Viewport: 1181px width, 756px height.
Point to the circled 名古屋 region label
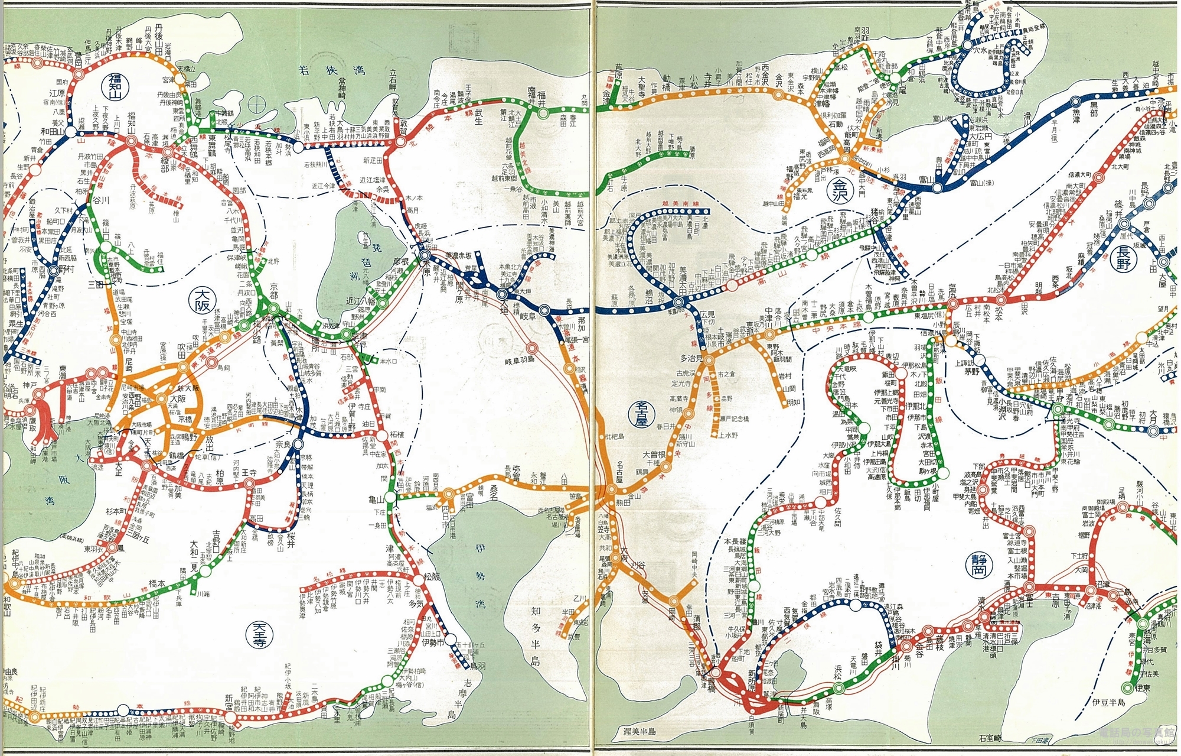[x=638, y=415]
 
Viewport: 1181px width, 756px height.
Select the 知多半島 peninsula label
[x=535, y=627]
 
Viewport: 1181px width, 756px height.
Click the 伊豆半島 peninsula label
[x=1117, y=703]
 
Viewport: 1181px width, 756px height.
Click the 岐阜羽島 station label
[x=518, y=359]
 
